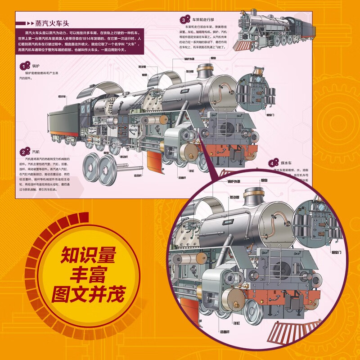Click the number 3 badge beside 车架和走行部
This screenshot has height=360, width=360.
click(184, 19)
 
